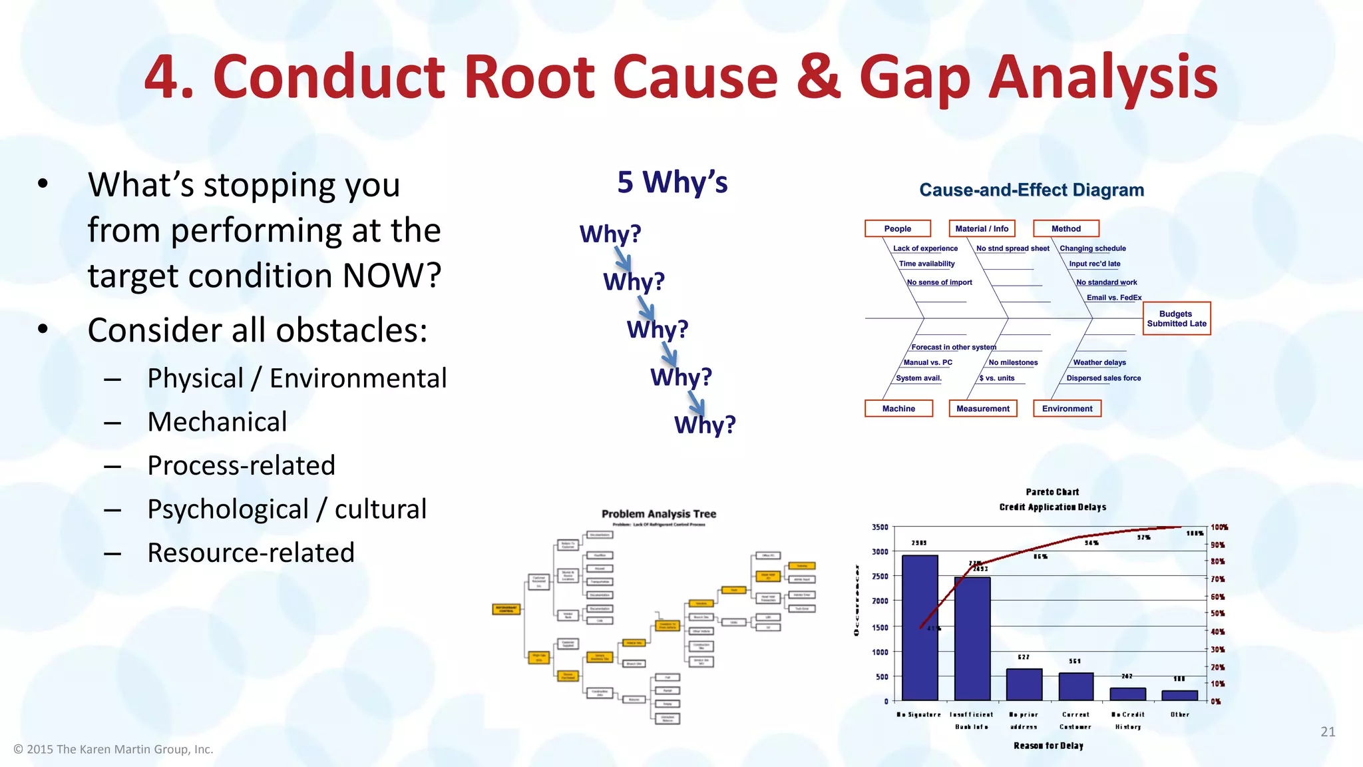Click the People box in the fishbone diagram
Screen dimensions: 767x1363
(x=897, y=228)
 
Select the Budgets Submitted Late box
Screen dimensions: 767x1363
(x=1176, y=318)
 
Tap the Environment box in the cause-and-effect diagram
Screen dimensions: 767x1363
(x=1067, y=408)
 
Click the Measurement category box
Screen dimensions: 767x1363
(x=982, y=408)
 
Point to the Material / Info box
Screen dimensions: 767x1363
(x=982, y=228)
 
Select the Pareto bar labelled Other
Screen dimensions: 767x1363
(x=1179, y=695)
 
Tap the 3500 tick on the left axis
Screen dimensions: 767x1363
(x=880, y=527)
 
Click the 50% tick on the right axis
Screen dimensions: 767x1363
(x=1217, y=613)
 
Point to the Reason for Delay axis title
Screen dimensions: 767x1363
(x=1048, y=746)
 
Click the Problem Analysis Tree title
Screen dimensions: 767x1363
(x=658, y=514)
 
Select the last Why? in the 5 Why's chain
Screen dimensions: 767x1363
(x=705, y=425)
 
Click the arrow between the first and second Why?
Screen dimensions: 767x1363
(x=623, y=258)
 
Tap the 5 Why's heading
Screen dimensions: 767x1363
(x=672, y=182)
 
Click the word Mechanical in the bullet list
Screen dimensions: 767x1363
(x=217, y=422)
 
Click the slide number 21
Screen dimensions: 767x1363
(x=1327, y=732)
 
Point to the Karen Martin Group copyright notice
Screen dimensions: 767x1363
(x=113, y=750)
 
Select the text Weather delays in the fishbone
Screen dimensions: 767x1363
(x=1099, y=363)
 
